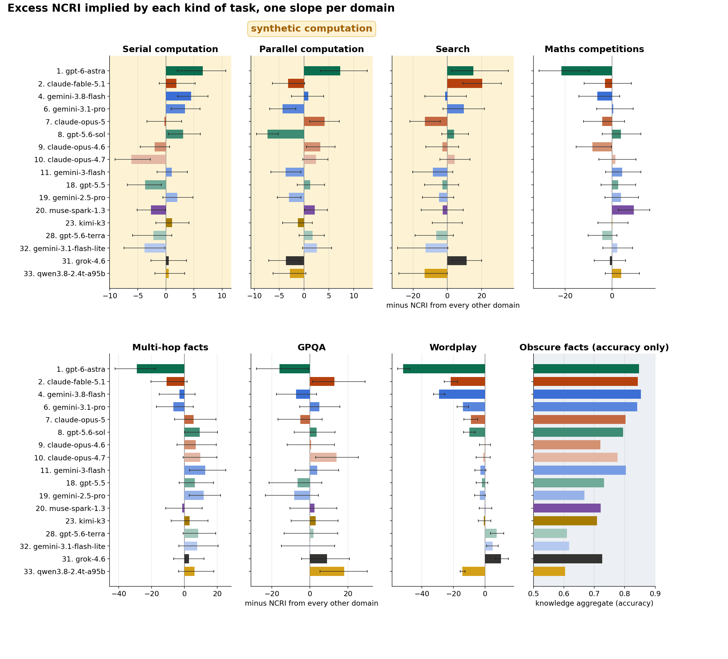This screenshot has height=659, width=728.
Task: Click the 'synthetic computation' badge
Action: click(311, 29)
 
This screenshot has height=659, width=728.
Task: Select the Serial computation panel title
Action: click(170, 49)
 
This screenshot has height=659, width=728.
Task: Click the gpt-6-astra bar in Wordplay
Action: click(444, 369)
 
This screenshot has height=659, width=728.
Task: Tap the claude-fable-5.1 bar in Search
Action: click(464, 84)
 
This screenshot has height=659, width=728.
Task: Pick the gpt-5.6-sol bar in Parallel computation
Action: click(286, 134)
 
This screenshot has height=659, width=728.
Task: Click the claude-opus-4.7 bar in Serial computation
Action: click(149, 159)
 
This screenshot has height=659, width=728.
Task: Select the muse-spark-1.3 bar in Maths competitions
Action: click(622, 210)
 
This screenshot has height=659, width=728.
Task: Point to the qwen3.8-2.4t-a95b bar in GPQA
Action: click(327, 572)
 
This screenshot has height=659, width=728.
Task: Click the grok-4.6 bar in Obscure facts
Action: click(568, 559)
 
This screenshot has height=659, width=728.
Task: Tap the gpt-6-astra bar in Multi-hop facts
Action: click(161, 369)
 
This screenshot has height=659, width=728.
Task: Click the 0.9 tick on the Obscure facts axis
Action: click(655, 594)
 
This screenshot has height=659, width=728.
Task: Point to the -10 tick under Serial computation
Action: click(110, 296)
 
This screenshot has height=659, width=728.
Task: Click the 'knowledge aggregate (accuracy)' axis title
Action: click(594, 604)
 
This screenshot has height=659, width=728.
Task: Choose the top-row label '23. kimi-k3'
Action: click(85, 223)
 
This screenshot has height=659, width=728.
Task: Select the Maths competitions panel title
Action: click(594, 49)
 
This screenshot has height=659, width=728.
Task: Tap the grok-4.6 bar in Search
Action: click(457, 261)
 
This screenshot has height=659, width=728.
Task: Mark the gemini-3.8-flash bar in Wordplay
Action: click(462, 394)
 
